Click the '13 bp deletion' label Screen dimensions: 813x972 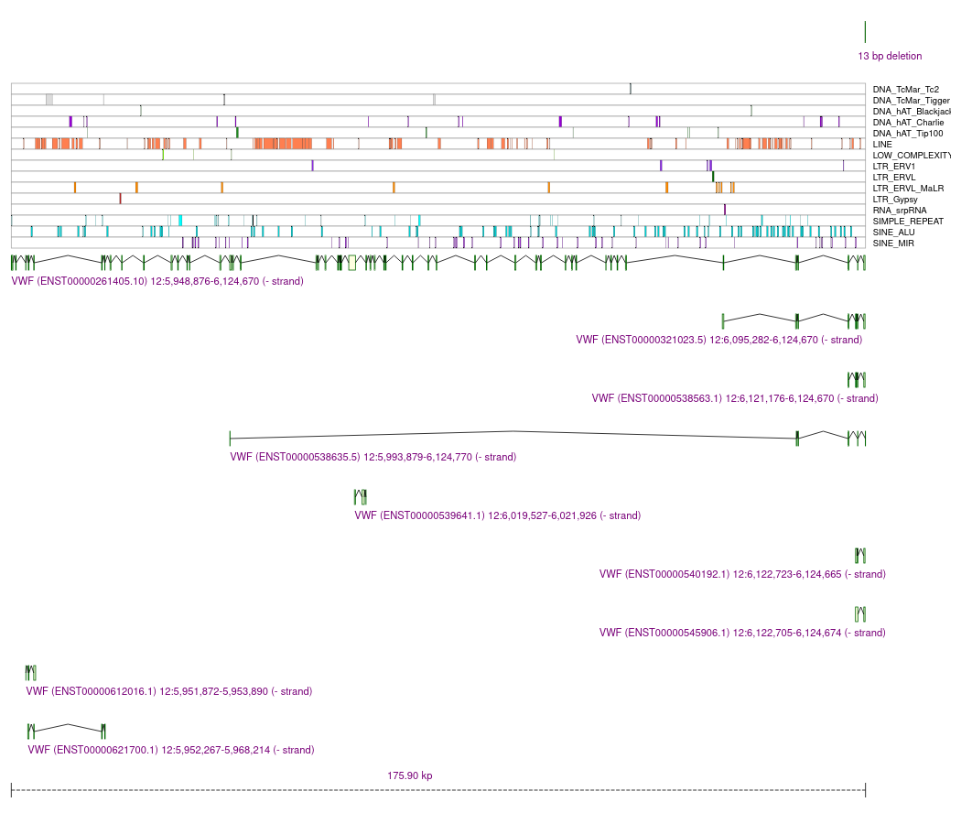point(890,56)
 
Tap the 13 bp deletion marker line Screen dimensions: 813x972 point(865,32)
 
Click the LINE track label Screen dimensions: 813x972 point(883,145)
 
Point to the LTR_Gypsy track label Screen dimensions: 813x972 point(895,200)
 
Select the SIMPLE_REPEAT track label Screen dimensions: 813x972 point(908,222)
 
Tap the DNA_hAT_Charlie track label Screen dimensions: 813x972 point(908,123)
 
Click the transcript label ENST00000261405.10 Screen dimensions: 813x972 point(157,281)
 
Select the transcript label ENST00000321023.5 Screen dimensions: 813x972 point(719,340)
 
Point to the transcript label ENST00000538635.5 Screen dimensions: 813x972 point(373,457)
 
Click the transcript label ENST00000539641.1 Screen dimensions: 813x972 point(498,515)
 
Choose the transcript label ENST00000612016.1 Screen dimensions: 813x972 point(169,691)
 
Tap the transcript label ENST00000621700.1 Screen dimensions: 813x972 point(171,750)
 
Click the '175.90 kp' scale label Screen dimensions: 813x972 point(410,775)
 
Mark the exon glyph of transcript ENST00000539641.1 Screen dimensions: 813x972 point(361,497)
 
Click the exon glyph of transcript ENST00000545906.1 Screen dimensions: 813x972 point(859,613)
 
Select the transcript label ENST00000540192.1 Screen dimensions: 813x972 point(742,574)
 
